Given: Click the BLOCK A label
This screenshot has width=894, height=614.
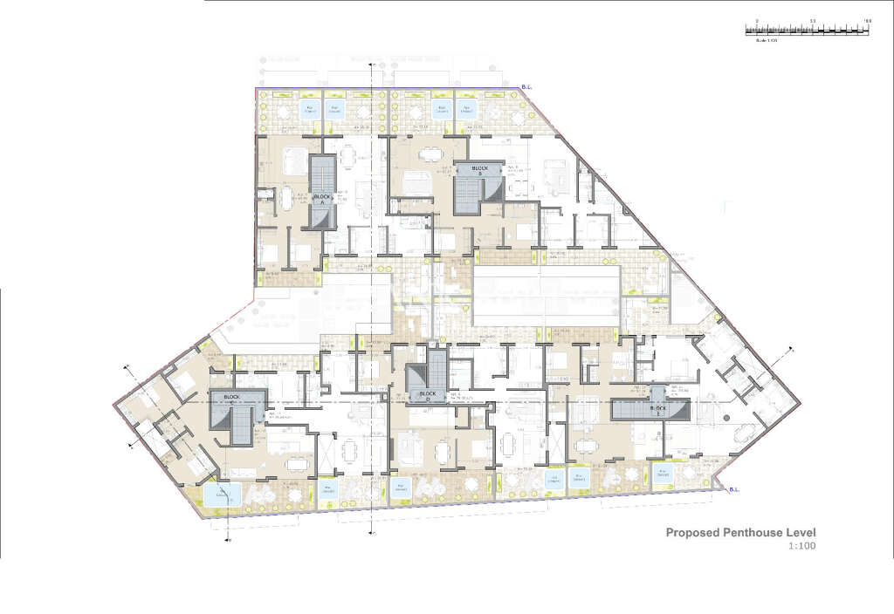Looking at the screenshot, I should (320, 197).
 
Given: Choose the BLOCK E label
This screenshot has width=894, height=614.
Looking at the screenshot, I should (660, 406).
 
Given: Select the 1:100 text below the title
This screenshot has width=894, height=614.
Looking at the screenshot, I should (803, 547).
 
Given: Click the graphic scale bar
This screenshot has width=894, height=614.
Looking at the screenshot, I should (807, 30).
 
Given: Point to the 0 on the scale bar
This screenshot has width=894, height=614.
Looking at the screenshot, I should (757, 20).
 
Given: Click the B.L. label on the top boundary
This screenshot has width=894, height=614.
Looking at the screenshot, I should (526, 85).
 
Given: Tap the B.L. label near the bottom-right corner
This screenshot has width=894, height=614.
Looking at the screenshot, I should (732, 488).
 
